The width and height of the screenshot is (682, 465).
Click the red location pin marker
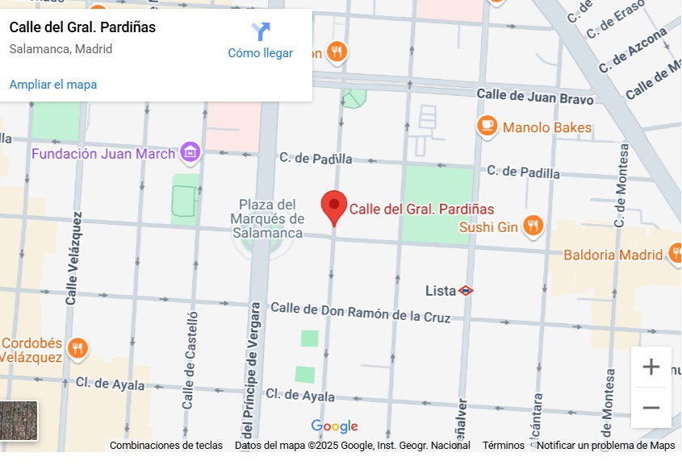pos(334,207)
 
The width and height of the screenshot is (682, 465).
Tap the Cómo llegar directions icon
pos(260,32)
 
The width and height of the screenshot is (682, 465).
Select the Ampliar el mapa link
pos(53,85)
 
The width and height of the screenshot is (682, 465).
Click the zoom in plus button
pos(651,367)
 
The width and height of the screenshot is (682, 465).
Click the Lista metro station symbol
pos(466,290)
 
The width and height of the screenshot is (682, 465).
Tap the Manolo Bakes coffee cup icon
pos(487,127)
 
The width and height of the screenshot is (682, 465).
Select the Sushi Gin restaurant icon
pos(533,226)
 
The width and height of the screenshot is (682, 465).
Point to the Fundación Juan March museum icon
pos(190,152)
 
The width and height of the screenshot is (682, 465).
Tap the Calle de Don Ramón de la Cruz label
pos(360,313)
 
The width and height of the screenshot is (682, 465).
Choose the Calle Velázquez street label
pos(73,258)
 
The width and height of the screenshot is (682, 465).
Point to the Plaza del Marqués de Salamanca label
pos(266,218)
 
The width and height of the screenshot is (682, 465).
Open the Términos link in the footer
pos(503,446)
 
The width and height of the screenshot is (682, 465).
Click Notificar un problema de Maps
pos(605,446)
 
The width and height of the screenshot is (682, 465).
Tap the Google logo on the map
pos(334,426)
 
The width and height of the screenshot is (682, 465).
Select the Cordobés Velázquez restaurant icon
pos(77,348)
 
